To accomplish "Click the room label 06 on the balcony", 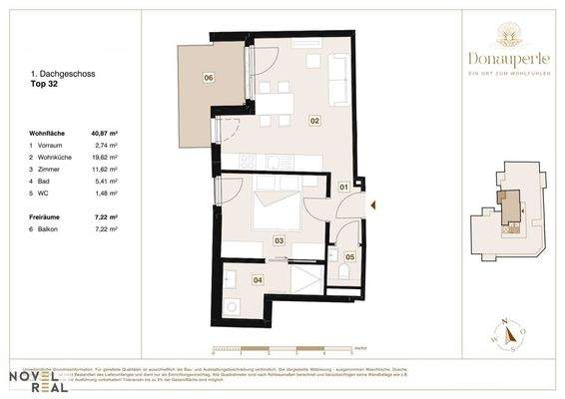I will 208,77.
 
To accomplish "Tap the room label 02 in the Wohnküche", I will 313,121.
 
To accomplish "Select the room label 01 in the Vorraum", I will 342,187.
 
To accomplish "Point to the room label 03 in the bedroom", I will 279,240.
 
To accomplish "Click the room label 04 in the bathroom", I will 258,280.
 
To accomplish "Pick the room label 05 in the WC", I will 349,257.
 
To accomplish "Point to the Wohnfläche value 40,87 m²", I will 105,133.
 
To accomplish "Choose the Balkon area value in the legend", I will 106,228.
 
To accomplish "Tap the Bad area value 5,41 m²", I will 107,181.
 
